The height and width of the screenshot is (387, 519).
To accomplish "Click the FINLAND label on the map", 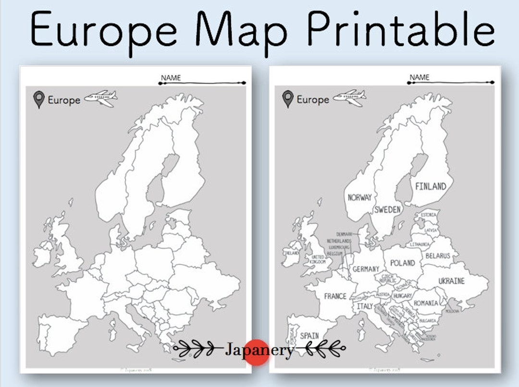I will pyautogui.click(x=431, y=186).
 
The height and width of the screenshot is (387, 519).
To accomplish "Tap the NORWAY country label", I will pyautogui.click(x=359, y=197).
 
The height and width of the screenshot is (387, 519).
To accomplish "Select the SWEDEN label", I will pyautogui.click(x=388, y=209).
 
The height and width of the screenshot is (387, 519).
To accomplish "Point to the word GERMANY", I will pyautogui.click(x=366, y=269).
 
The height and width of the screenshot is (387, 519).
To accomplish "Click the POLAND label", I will pyautogui.click(x=402, y=263).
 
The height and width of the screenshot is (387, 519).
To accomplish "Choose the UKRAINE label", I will pyautogui.click(x=451, y=280).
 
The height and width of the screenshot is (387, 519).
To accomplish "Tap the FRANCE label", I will pyautogui.click(x=335, y=296).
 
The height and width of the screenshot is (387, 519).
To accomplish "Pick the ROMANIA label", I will pyautogui.click(x=426, y=303).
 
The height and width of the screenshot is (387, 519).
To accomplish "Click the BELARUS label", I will pyautogui.click(x=438, y=256).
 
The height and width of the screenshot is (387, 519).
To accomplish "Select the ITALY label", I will pyautogui.click(x=365, y=306).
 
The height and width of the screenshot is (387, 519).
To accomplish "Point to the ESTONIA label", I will pyautogui.click(x=428, y=215).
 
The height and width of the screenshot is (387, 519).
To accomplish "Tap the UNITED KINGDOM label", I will pyautogui.click(x=318, y=259).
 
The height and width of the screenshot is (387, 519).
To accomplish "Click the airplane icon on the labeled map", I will pyautogui.click(x=349, y=97).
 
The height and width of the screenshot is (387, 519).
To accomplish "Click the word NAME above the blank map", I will pyautogui.click(x=171, y=78).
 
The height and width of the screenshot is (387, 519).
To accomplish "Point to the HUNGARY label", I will pyautogui.click(x=403, y=296).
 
